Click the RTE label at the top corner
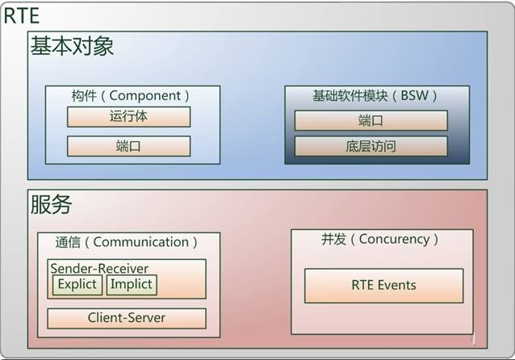click(x=21, y=16)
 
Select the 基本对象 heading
click(x=73, y=46)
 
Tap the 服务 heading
click(x=51, y=204)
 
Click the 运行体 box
click(x=129, y=116)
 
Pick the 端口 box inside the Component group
click(x=129, y=146)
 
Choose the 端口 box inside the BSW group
click(x=371, y=120)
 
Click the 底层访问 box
click(x=371, y=146)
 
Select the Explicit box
click(x=77, y=284)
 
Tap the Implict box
click(x=132, y=284)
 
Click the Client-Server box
click(x=127, y=318)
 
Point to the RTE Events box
click(x=384, y=286)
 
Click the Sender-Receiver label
click(x=99, y=269)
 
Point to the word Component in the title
click(x=144, y=96)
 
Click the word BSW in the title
click(x=414, y=95)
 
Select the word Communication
click(x=141, y=242)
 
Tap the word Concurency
click(x=394, y=240)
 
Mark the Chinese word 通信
click(x=68, y=242)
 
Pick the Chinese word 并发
click(x=333, y=239)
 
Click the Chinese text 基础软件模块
click(x=350, y=95)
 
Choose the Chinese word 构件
click(x=84, y=96)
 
